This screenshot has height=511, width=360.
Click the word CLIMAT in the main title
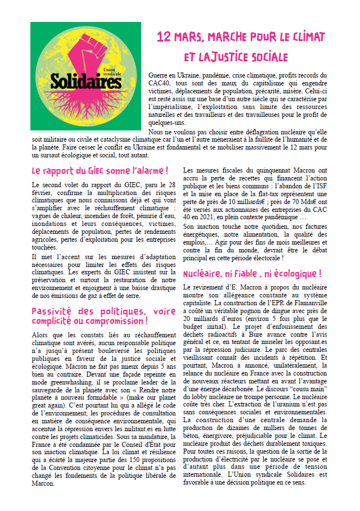306,38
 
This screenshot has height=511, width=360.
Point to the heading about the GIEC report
100,170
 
